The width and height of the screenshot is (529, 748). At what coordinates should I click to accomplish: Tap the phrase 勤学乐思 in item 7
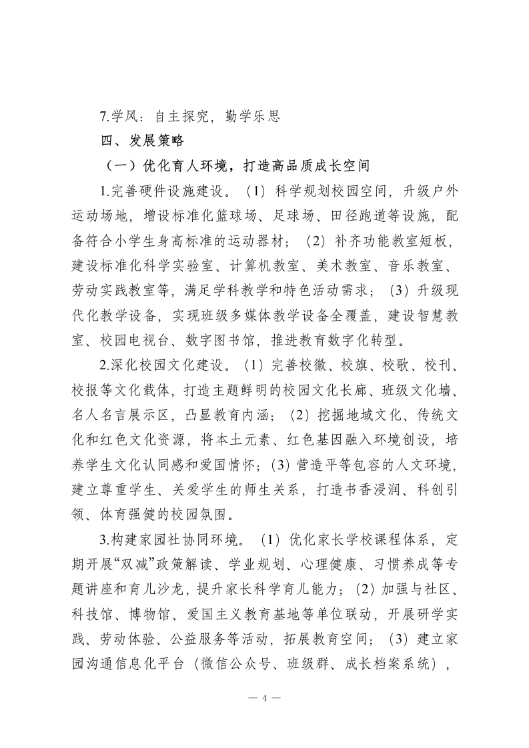tap(250, 116)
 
